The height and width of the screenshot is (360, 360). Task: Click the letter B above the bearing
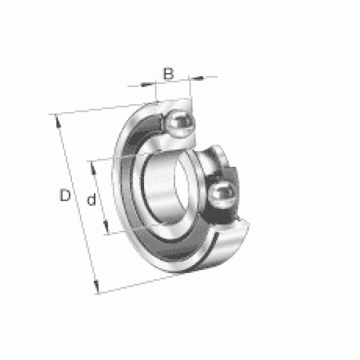[x=168, y=73]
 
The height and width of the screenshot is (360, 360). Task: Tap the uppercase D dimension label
[x=65, y=195]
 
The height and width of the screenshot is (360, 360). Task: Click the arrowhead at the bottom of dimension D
[x=96, y=286]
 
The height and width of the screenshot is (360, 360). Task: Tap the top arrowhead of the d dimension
[x=93, y=168]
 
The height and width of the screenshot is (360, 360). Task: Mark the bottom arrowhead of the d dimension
[x=106, y=228]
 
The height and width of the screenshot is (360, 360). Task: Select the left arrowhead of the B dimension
[x=148, y=85]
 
